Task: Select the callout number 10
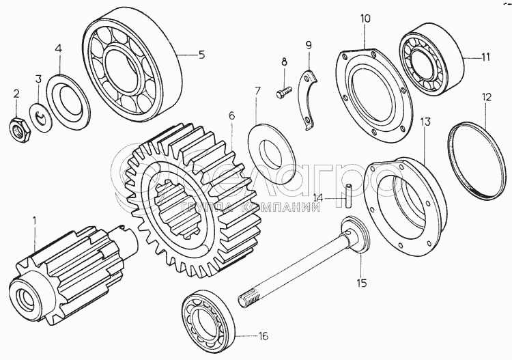pos(366,18)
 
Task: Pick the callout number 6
pos(231,115)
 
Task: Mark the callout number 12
pos(486,98)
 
